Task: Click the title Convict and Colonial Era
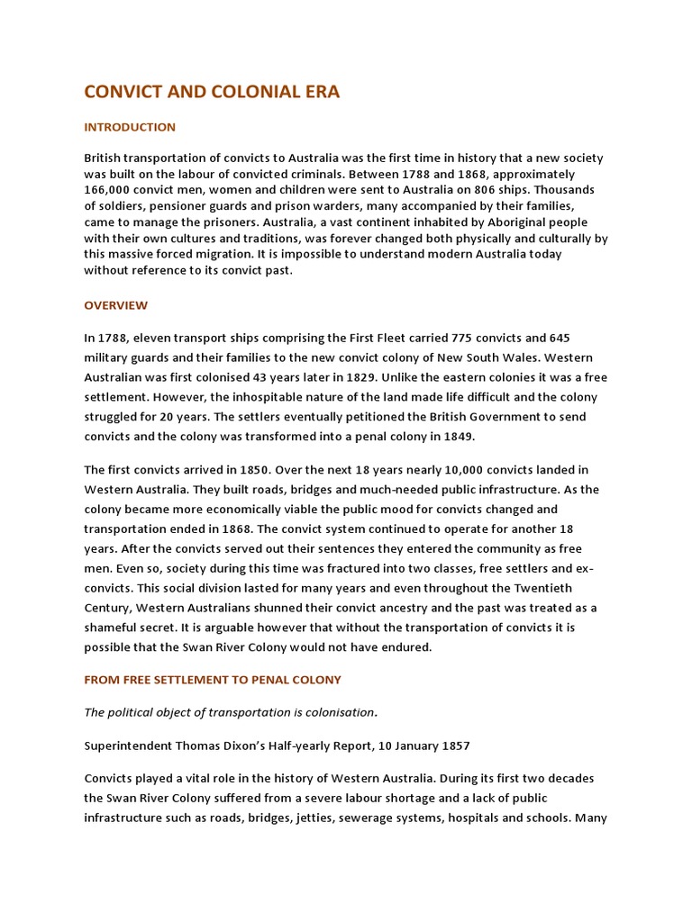click(212, 92)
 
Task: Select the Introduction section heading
click(130, 127)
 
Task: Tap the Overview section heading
click(116, 305)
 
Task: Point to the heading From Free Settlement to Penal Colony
click(213, 680)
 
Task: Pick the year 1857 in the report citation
click(452, 746)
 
